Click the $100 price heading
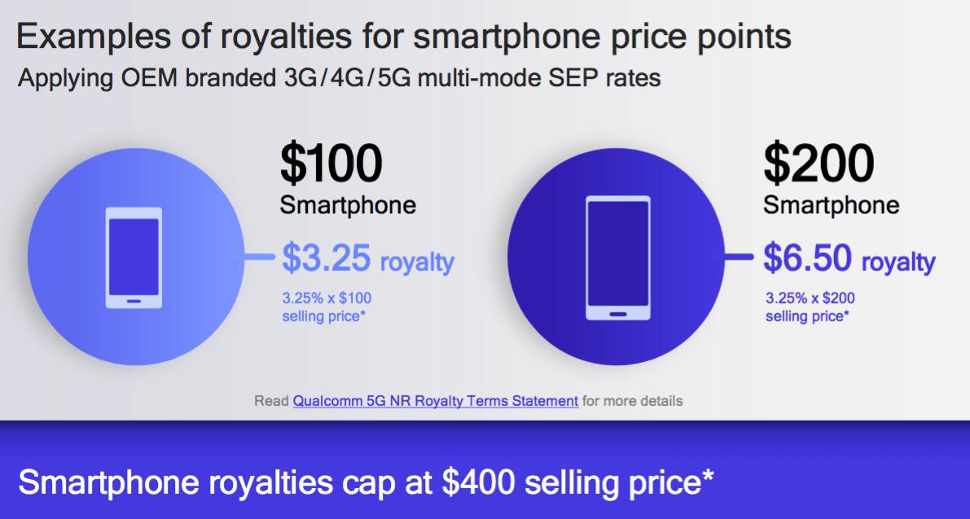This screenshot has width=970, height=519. (331, 164)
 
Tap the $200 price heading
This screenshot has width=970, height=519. (819, 164)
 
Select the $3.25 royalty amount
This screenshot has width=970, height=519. (326, 258)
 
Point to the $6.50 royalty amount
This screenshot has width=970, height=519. (807, 258)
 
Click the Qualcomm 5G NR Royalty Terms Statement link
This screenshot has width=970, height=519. (436, 401)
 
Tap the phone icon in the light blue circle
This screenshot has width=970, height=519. (134, 258)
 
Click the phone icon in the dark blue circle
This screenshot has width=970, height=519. (618, 258)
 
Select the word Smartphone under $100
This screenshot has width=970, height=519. (348, 205)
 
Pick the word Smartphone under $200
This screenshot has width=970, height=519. (831, 205)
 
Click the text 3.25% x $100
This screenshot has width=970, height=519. (327, 298)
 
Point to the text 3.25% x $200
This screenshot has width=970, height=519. (810, 298)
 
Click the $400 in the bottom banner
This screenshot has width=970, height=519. (478, 482)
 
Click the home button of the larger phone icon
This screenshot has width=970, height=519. (618, 313)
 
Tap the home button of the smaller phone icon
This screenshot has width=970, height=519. (134, 302)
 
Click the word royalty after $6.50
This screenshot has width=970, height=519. (898, 263)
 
